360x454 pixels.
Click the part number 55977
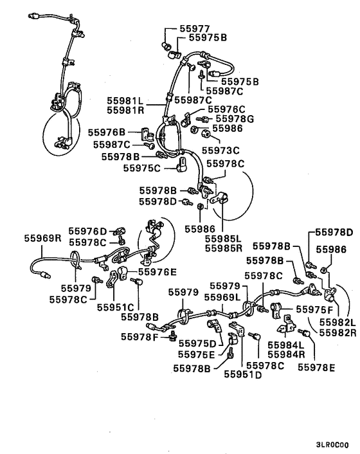195,28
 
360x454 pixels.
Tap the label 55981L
125,100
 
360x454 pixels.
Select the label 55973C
221,150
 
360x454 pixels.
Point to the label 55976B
107,132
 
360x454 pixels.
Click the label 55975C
142,168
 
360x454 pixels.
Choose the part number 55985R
224,248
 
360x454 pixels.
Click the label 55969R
42,238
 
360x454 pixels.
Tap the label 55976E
157,271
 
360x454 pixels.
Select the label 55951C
116,307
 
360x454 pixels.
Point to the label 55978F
139,337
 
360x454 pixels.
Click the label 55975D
197,343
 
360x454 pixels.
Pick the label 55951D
243,374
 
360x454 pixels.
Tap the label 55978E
316,367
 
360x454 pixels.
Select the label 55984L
286,345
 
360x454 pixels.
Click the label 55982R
337,332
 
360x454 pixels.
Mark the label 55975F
314,309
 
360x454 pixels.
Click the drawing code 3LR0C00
332,444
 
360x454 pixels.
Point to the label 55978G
235,119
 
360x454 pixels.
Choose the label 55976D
87,231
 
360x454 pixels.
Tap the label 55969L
222,297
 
